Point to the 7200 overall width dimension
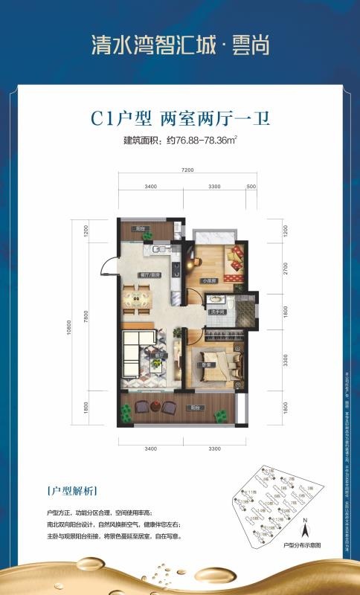(x=187, y=170)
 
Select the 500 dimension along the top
(x=250, y=185)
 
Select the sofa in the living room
(x=141, y=348)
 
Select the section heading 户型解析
(x=71, y=492)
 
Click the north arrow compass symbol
(x=303, y=531)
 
